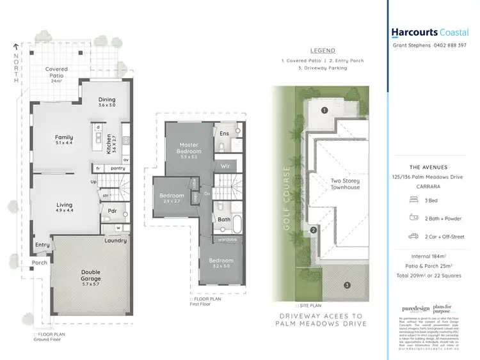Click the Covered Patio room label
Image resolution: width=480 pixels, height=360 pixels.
point(56,73)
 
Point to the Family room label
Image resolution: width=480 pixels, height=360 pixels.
point(63,140)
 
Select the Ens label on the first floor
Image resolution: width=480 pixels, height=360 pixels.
point(224,134)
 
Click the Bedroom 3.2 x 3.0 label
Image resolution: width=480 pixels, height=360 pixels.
point(220,263)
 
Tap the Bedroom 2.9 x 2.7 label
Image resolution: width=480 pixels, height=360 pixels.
point(172,198)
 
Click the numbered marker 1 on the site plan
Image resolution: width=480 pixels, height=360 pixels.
point(324,110)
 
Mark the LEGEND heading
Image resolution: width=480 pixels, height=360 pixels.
point(322,51)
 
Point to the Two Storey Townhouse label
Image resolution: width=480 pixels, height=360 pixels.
point(345,184)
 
